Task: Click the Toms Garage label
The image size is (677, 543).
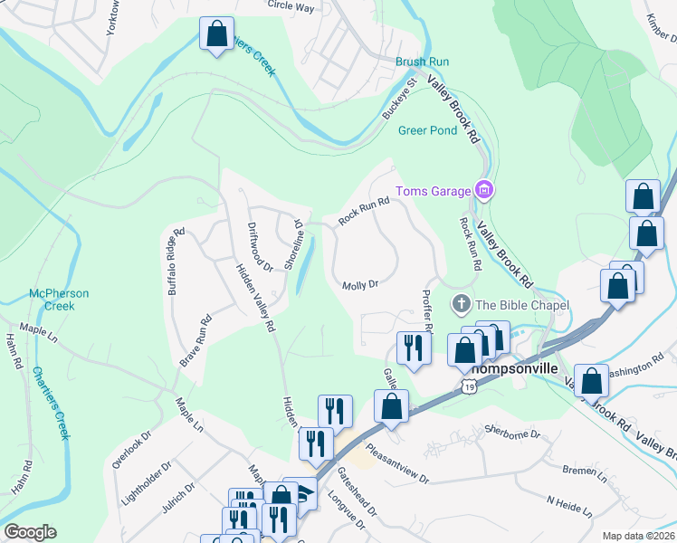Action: pyautogui.click(x=433, y=191)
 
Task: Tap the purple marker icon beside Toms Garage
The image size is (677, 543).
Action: pyautogui.click(x=484, y=190)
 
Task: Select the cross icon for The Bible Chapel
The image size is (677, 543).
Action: pyautogui.click(x=461, y=304)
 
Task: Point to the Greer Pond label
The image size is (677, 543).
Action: pyautogui.click(x=427, y=130)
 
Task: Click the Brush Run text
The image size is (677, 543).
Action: pyautogui.click(x=422, y=62)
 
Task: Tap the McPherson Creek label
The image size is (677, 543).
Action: pyautogui.click(x=59, y=300)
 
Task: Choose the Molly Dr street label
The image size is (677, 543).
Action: pyautogui.click(x=359, y=285)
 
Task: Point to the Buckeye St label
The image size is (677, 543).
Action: pyautogui.click(x=398, y=100)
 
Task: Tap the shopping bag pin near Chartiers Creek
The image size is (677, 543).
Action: pyautogui.click(x=216, y=35)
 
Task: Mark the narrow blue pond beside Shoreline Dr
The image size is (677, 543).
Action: pyautogui.click(x=304, y=263)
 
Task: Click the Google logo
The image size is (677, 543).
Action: pyautogui.click(x=30, y=532)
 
